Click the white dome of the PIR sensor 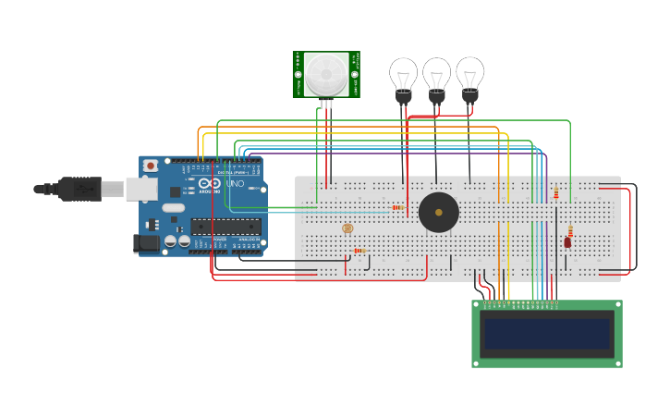pyautogui.click(x=326, y=73)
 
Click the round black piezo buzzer pyautogui.click(x=438, y=213)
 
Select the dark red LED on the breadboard pyautogui.click(x=567, y=242)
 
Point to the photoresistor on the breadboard pyautogui.click(x=347, y=228)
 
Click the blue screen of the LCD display pyautogui.click(x=548, y=334)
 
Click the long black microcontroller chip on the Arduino pyautogui.click(x=225, y=227)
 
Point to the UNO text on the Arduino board pyautogui.click(x=235, y=184)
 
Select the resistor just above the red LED pyautogui.click(x=570, y=230)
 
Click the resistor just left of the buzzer pyautogui.click(x=398, y=207)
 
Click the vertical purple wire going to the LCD pyautogui.click(x=547, y=231)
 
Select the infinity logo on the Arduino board pyautogui.click(x=210, y=183)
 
